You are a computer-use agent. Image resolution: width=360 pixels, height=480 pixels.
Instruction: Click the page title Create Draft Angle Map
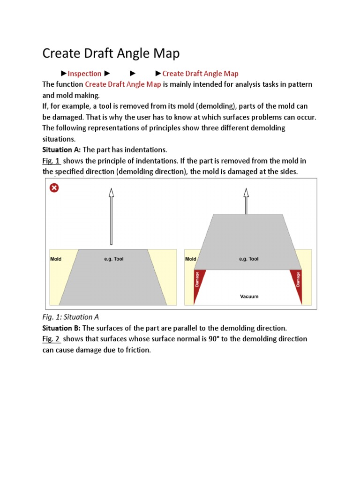[111, 53]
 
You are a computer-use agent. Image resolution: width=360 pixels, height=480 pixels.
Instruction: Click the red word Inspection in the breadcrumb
[85, 74]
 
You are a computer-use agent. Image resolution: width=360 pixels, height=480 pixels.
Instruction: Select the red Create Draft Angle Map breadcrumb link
[200, 74]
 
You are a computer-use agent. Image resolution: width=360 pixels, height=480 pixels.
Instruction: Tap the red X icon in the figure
[54, 188]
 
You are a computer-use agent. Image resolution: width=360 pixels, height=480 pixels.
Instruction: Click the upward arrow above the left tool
[111, 216]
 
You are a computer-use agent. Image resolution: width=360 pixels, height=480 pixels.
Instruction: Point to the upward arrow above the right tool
[246, 201]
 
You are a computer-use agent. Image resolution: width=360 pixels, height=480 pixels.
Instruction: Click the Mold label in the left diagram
[56, 259]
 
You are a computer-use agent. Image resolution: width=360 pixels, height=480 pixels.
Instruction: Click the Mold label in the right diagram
[191, 259]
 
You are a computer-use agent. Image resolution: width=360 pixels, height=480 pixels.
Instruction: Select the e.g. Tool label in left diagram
[113, 259]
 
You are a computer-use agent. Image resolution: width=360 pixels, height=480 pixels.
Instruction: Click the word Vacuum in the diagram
[248, 296]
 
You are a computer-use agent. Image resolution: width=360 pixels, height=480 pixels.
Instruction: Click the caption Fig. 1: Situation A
[70, 317]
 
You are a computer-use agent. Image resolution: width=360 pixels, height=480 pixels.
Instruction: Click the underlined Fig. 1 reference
[52, 161]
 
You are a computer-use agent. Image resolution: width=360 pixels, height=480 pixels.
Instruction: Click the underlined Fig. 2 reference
[52, 338]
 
